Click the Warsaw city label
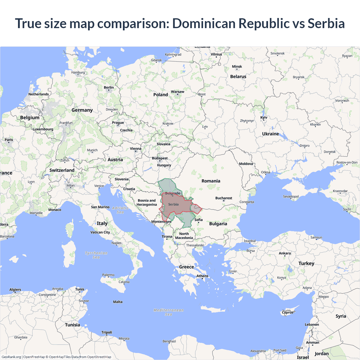[x=177, y=92]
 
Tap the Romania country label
[x=211, y=181]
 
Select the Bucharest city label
[x=224, y=198]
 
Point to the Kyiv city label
[x=264, y=118]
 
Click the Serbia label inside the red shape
[x=173, y=204]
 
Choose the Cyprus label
[x=287, y=312]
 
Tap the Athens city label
[x=202, y=276]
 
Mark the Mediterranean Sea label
[x=168, y=312]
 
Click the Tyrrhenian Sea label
[x=96, y=255]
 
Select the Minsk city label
[x=237, y=67]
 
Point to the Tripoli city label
[x=107, y=332]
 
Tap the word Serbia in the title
[x=326, y=23]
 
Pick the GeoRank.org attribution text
[x=11, y=357]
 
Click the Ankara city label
[x=285, y=253]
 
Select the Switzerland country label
[x=62, y=170]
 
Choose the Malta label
[x=118, y=302]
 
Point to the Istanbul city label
[x=249, y=241]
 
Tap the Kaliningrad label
[x=173, y=55]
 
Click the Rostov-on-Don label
[x=347, y=162]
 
